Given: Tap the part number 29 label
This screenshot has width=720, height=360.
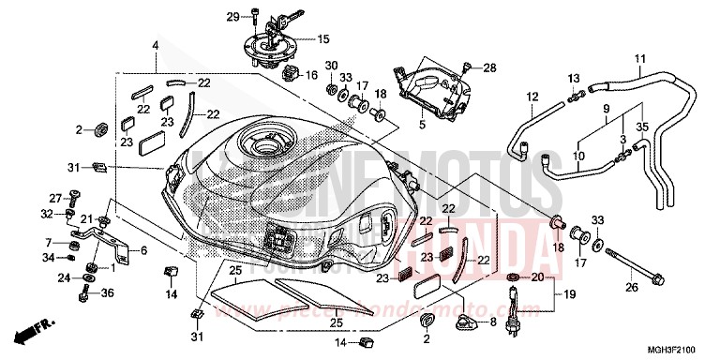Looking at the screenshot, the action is (x=232, y=16).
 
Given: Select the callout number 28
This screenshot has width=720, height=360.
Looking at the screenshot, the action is (x=489, y=67).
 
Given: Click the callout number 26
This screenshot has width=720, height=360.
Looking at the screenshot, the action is (x=632, y=287).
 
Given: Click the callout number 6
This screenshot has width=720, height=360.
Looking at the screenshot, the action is (x=144, y=250).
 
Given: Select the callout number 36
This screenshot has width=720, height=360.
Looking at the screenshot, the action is (x=108, y=293).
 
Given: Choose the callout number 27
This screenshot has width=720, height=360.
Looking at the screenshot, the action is (x=55, y=197).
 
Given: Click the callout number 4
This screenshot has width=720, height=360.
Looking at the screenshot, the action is (x=156, y=46).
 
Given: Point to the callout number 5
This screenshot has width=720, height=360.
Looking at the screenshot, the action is (x=422, y=124).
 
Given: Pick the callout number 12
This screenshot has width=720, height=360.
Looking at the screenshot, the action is (x=532, y=97).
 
